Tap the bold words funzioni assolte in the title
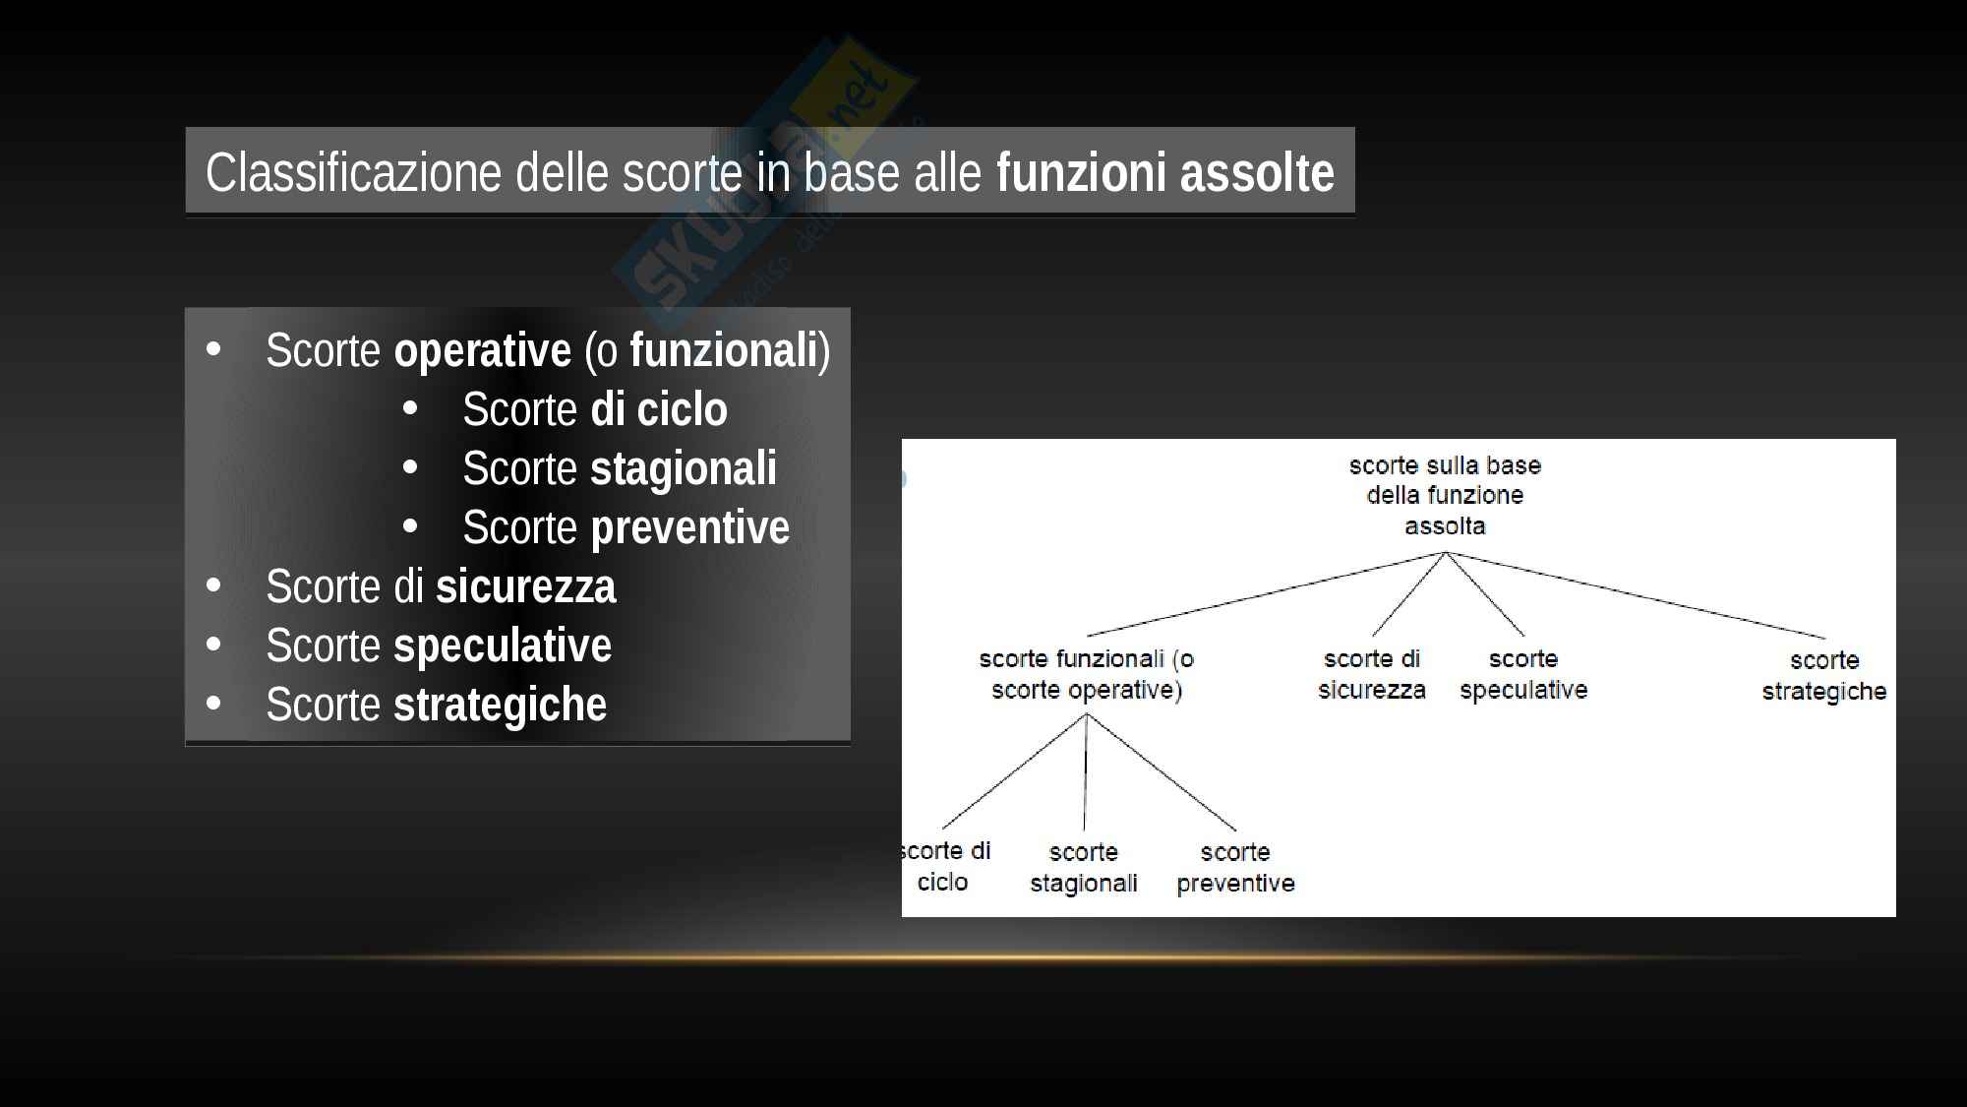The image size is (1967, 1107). pyautogui.click(x=1165, y=173)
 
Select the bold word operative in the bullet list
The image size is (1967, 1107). pyautogui.click(x=482, y=351)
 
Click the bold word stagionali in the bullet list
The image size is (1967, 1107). pyautogui.click(x=684, y=468)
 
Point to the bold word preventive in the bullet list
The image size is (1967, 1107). pyautogui.click(x=689, y=527)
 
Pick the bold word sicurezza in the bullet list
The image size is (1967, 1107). pyautogui.click(x=526, y=586)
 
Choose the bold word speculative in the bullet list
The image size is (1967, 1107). pyautogui.click(x=503, y=646)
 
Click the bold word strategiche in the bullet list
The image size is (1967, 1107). pyautogui.click(x=501, y=706)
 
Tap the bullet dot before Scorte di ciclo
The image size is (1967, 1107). pyautogui.click(x=411, y=408)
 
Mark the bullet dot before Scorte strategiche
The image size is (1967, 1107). pyautogui.click(x=214, y=704)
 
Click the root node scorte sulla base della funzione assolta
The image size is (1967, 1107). pyautogui.click(x=1445, y=496)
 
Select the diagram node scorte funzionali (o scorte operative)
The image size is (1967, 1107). pyautogui.click(x=1087, y=674)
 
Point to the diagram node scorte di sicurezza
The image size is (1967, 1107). pyautogui.click(x=1372, y=674)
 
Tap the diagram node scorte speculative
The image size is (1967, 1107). pyautogui.click(x=1523, y=674)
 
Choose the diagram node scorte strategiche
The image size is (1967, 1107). pyautogui.click(x=1824, y=675)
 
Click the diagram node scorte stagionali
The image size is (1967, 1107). pyautogui.click(x=1084, y=868)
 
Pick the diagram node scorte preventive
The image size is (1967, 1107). pyautogui.click(x=1235, y=868)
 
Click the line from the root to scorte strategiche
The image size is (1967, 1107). pyautogui.click(x=1635, y=594)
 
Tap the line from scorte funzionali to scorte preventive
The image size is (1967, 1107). pyautogui.click(x=1161, y=772)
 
